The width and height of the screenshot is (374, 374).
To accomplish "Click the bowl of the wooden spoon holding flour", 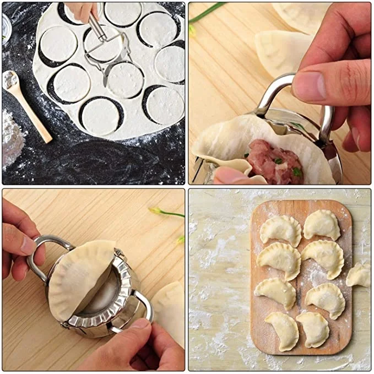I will [x=10, y=80].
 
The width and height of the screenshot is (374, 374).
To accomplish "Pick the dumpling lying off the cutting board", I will [x=359, y=274].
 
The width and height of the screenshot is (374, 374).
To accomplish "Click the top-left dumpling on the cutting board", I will [x=280, y=230].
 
